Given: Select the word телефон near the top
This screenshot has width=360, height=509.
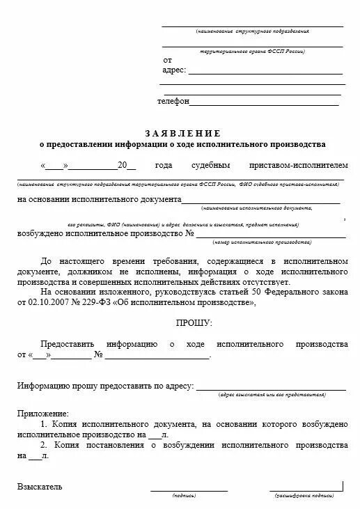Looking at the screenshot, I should coord(173,101).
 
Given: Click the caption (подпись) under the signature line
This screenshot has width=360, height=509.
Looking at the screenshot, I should coord(184,496).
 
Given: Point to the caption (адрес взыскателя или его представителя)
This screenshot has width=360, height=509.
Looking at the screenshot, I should coord(272,394).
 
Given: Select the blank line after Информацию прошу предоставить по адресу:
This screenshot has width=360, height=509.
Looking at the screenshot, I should coord(272,389).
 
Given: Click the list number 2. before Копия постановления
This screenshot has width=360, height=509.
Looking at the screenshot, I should coord(43,444).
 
